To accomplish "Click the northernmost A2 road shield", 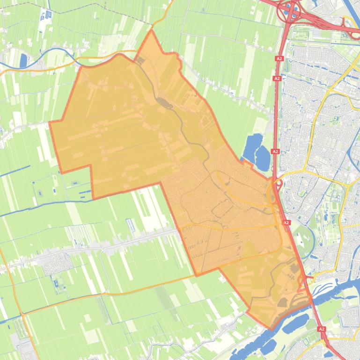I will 279,59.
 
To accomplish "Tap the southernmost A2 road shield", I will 322,329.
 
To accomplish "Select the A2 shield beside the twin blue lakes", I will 275,151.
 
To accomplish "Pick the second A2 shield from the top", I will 277,79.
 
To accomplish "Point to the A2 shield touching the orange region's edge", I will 287,223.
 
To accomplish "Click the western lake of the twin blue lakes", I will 252,145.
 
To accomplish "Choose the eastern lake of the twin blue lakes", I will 263,158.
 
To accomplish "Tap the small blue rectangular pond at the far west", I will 23,60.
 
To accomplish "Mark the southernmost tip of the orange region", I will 271,329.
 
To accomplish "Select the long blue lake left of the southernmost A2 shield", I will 295,322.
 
